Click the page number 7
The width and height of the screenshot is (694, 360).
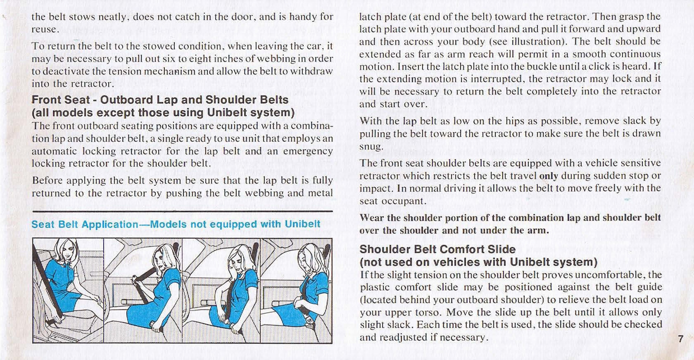coord(680,339)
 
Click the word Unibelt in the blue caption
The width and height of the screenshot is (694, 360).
coord(302,224)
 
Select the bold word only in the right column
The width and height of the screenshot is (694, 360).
coord(548,176)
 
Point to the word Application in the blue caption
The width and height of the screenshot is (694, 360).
coord(110,224)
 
